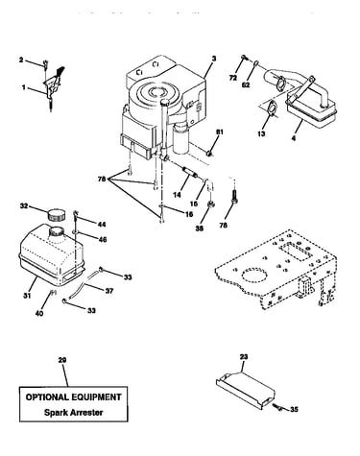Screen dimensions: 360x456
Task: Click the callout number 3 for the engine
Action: pyautogui.click(x=214, y=59)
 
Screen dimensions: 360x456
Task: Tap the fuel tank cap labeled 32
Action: pyautogui.click(x=56, y=214)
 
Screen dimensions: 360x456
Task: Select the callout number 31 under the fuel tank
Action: pyautogui.click(x=27, y=296)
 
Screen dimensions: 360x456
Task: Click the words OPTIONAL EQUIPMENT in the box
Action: pyautogui.click(x=73, y=397)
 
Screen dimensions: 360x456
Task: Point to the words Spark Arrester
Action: pyautogui.click(x=74, y=412)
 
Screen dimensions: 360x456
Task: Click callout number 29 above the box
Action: pyautogui.click(x=62, y=360)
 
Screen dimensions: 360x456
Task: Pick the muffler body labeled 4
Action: pyautogui.click(x=312, y=110)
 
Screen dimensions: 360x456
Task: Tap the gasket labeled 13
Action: pyautogui.click(x=271, y=108)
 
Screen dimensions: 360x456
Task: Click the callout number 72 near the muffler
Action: pyautogui.click(x=233, y=78)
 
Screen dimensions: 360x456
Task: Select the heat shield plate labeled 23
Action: pyautogui.click(x=245, y=390)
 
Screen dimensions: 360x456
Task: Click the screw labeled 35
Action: pyautogui.click(x=276, y=406)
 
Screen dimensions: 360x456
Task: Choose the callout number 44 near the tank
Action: pyautogui.click(x=102, y=225)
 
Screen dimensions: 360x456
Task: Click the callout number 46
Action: pyautogui.click(x=102, y=239)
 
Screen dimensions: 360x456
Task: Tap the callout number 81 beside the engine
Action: pyautogui.click(x=220, y=132)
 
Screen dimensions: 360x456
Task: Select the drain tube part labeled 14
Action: pyautogui.click(x=189, y=173)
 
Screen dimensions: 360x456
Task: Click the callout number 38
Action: pyautogui.click(x=199, y=228)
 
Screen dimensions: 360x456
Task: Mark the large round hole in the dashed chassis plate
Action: pyautogui.click(x=254, y=276)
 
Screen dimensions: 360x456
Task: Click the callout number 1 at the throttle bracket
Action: pyautogui.click(x=23, y=87)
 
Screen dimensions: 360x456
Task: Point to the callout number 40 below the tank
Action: pyautogui.click(x=39, y=313)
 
